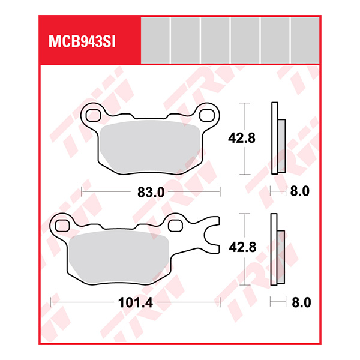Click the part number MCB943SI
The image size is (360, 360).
point(82,42)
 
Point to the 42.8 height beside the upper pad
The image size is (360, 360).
point(242,138)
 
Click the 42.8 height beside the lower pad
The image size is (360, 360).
point(242,247)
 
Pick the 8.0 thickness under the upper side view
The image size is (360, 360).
point(299,192)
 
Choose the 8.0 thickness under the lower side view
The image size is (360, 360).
point(299,303)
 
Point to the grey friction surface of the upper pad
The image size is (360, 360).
point(150,147)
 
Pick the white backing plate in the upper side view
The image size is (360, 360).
point(275,138)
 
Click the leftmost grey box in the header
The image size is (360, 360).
point(155,40)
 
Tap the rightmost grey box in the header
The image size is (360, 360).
point(305,40)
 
